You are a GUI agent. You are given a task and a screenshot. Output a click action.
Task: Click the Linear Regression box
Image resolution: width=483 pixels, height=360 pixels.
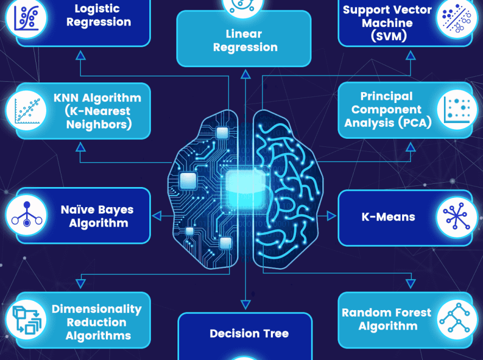(244, 39)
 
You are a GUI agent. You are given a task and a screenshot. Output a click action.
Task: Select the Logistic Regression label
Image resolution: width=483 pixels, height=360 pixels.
(99, 15)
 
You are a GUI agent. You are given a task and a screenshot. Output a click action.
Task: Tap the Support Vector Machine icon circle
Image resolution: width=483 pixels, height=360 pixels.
(456, 18)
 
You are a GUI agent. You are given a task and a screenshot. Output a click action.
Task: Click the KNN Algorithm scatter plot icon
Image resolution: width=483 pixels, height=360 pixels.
(27, 110)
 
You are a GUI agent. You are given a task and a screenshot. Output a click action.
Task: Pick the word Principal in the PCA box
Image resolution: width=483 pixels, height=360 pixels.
(386, 97)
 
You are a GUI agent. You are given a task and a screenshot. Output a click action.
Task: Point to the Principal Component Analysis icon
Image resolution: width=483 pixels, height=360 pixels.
(457, 110)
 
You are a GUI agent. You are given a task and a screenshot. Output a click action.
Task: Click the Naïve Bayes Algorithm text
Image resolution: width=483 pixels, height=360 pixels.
(97, 216)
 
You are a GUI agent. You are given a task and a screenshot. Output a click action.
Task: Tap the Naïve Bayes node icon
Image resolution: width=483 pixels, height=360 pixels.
(27, 215)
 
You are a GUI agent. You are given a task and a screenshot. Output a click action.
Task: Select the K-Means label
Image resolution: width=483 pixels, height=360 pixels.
(388, 217)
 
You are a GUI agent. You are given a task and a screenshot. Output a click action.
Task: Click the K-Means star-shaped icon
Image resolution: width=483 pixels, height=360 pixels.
(456, 217)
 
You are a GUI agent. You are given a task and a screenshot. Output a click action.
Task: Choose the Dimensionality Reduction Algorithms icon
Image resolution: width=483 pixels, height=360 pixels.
(27, 320)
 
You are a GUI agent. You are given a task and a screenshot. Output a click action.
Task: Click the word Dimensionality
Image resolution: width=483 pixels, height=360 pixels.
(97, 309)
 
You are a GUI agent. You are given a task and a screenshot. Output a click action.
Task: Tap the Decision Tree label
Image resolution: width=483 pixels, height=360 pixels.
(249, 333)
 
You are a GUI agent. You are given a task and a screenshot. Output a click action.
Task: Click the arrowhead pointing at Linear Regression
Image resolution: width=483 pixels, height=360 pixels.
(245, 74)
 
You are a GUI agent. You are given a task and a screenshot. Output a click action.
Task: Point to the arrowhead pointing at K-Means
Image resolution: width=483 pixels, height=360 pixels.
(332, 216)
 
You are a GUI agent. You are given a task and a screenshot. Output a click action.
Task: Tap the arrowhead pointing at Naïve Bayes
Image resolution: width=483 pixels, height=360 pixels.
(157, 216)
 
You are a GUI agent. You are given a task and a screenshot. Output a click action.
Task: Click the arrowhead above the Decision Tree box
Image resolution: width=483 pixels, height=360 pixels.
(245, 305)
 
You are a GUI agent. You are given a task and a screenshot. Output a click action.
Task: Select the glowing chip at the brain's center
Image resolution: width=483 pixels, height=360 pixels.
(245, 187)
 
